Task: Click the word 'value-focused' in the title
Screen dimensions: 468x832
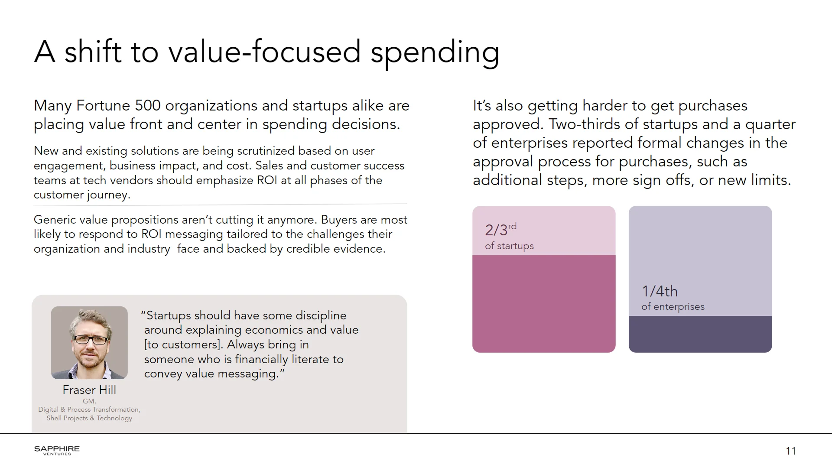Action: (264, 52)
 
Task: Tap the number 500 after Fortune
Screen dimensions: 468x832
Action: (148, 105)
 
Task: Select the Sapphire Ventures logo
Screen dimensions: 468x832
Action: (57, 450)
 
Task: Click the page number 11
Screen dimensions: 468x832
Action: (790, 451)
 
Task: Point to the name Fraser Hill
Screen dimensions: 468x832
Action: (89, 390)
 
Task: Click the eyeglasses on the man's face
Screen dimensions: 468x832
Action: (91, 340)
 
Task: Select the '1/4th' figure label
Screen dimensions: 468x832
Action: (660, 291)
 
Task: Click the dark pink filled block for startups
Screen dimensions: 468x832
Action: (544, 303)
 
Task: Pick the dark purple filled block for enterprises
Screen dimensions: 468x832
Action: (700, 334)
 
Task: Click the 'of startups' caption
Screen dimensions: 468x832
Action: (509, 246)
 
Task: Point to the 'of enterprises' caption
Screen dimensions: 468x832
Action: (673, 307)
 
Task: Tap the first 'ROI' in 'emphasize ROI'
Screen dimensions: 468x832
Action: (267, 180)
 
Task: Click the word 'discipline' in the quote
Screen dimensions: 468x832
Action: (320, 315)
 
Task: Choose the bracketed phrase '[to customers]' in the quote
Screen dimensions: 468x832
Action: (183, 344)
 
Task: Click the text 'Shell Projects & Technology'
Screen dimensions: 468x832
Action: (89, 418)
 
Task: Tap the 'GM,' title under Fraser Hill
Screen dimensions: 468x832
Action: (89, 401)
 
